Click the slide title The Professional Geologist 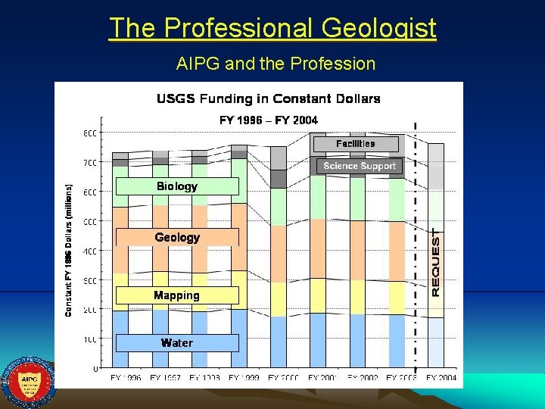(x=272, y=28)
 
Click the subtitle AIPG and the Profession (x=276, y=64)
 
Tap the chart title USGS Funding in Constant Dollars (x=268, y=98)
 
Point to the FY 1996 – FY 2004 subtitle (x=268, y=120)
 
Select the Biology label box (x=176, y=186)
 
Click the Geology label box (x=176, y=237)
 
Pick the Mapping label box (x=176, y=295)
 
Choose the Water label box (x=176, y=342)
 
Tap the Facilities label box (x=355, y=143)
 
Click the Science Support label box (x=360, y=166)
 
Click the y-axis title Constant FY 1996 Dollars (x=69, y=250)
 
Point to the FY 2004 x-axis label (x=441, y=377)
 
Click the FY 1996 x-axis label (x=126, y=377)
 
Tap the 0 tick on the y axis (x=95, y=369)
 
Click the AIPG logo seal (x=27, y=382)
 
